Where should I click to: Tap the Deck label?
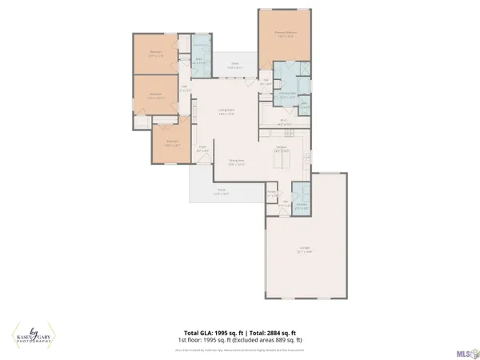click(x=235, y=66)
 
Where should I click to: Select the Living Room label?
click(x=226, y=112)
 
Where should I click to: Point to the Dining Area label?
click(x=236, y=162)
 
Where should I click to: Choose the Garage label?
click(x=306, y=249)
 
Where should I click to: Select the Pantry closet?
click(x=272, y=193)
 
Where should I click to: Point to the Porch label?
click(x=222, y=192)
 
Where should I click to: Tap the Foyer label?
click(x=202, y=148)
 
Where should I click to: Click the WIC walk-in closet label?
click(x=266, y=82)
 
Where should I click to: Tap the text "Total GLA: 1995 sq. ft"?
click(x=211, y=332)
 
